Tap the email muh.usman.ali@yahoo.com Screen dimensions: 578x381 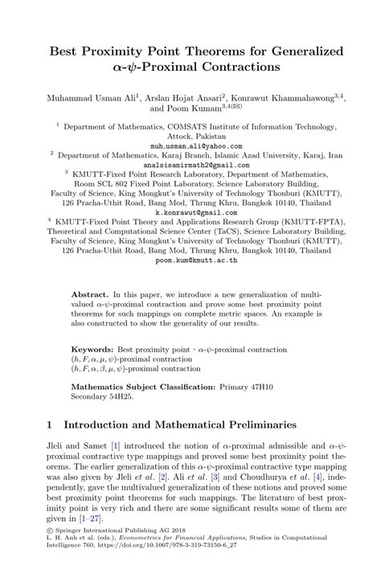190,147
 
